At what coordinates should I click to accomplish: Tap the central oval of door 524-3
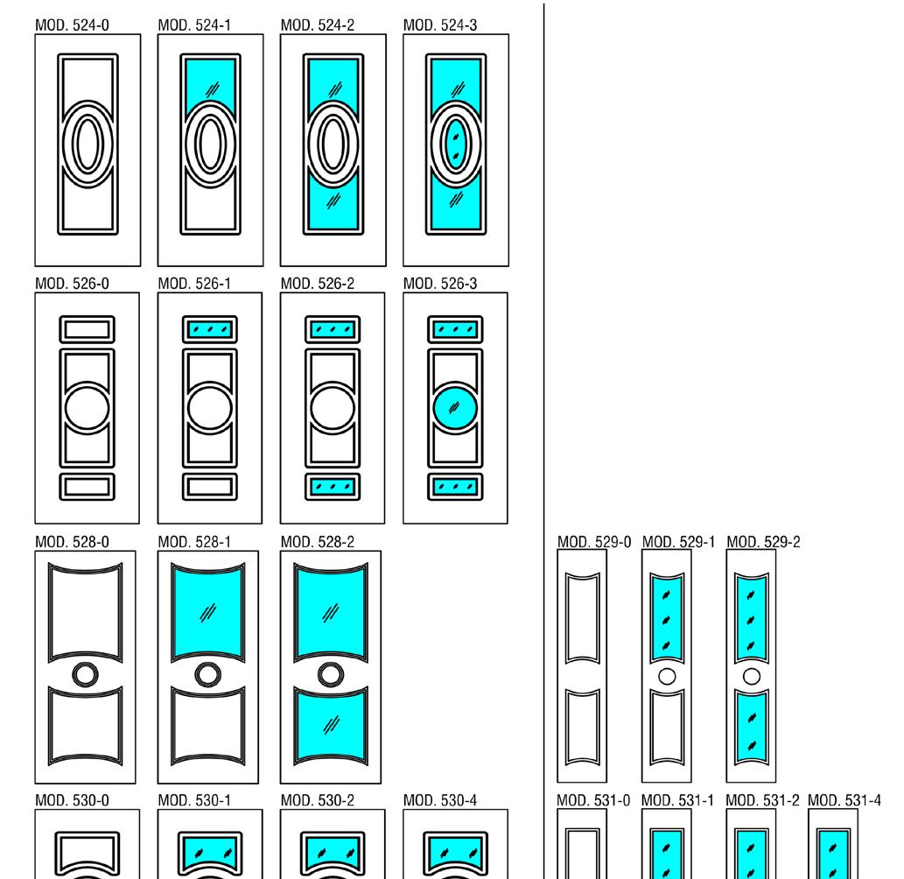(x=455, y=143)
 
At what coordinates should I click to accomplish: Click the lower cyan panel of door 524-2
(x=333, y=207)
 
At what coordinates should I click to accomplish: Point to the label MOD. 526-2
(x=318, y=284)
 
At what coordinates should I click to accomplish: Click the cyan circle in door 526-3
(x=455, y=408)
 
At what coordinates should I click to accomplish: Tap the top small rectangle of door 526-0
(x=87, y=330)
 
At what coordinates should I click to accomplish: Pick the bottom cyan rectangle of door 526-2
(x=333, y=485)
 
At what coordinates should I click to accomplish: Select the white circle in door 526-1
(x=210, y=408)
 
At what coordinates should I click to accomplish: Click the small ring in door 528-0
(x=85, y=674)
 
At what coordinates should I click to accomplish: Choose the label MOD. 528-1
(x=194, y=543)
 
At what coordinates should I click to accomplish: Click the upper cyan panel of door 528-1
(x=207, y=610)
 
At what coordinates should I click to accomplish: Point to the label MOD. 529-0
(x=593, y=543)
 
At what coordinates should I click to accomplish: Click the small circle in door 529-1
(x=667, y=676)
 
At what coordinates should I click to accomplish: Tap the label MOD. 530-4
(x=440, y=800)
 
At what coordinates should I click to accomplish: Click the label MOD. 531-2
(x=762, y=800)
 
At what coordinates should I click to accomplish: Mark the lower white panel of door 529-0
(x=583, y=725)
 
